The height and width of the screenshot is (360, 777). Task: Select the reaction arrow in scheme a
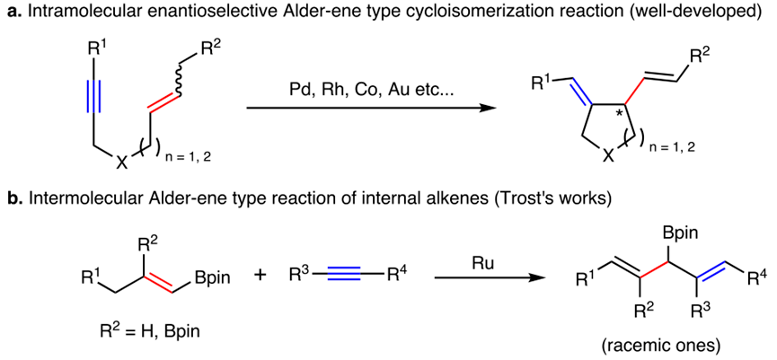(371, 109)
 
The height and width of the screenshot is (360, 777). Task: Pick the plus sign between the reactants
(261, 277)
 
